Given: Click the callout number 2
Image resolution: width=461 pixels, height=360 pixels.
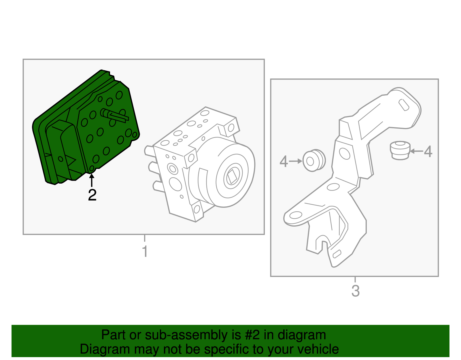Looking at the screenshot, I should tap(92, 195).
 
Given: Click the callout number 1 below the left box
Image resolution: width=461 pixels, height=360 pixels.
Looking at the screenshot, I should tap(145, 251).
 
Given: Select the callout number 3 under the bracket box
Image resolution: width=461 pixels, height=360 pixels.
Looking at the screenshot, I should tap(356, 291).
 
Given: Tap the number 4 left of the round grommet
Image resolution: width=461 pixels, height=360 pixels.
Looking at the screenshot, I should tap(284, 161).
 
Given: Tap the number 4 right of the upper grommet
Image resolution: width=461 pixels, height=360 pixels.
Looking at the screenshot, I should tap(428, 151).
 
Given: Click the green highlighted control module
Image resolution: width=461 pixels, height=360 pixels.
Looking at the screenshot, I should tap(86, 130).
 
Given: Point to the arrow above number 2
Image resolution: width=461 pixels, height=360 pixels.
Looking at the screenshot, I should tap(92, 180).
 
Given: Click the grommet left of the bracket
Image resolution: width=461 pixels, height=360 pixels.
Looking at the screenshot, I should tap(313, 161).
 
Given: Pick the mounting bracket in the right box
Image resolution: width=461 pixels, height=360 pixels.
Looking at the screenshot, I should tap(352, 173).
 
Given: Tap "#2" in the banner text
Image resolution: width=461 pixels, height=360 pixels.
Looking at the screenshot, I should tap(253, 335).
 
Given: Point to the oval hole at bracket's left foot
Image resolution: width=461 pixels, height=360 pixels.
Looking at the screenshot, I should tap(296, 215).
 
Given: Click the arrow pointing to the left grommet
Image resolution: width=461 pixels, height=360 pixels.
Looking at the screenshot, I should tap(295, 161).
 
